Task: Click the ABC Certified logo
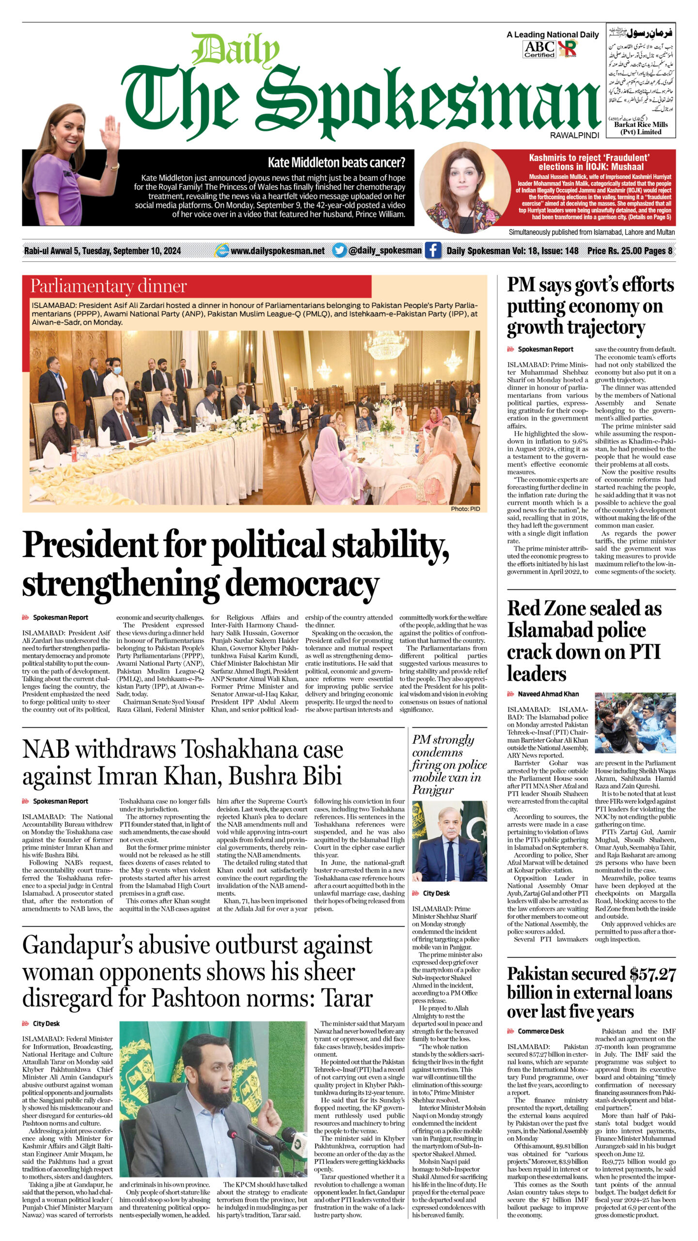[x=539, y=48]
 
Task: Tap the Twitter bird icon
[x=339, y=250]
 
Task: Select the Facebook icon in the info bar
[x=432, y=250]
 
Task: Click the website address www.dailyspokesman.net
[x=277, y=251]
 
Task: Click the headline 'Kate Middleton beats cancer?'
[x=336, y=162]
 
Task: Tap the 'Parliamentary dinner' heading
[x=109, y=286]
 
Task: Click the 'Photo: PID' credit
[x=465, y=509]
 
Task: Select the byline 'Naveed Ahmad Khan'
[x=548, y=694]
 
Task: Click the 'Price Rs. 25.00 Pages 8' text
[x=629, y=251]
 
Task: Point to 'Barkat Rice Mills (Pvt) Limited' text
[x=641, y=128]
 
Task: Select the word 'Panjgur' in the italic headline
[x=433, y=790]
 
